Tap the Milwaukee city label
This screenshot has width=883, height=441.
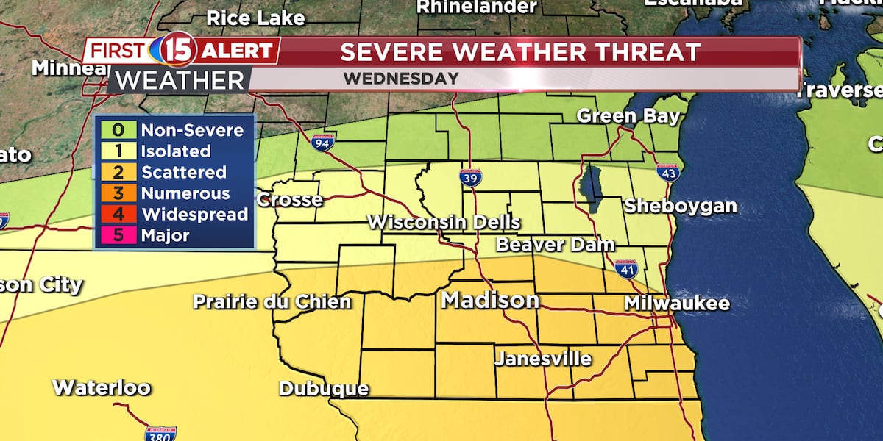pos(676,303)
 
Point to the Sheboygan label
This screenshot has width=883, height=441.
pos(680,207)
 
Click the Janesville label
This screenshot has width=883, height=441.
pos(543,359)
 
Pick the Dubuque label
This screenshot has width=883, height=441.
pos(324,389)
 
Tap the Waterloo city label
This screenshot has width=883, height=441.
pos(102,387)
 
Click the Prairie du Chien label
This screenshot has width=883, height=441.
pos(272,301)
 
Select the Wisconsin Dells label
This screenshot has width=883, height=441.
pos(444,222)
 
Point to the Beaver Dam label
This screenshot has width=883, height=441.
pos(545,245)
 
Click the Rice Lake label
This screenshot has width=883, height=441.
pos(255,18)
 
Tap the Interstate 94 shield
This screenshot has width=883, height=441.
pos(322,142)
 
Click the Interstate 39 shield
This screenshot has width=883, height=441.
pos(470,177)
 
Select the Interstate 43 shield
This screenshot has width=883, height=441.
pos(667,173)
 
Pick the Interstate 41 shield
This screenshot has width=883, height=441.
pos(626,269)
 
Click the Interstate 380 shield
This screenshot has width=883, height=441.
pos(160,433)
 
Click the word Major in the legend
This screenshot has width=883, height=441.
pos(166,236)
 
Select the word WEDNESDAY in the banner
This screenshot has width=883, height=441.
pos(400,79)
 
